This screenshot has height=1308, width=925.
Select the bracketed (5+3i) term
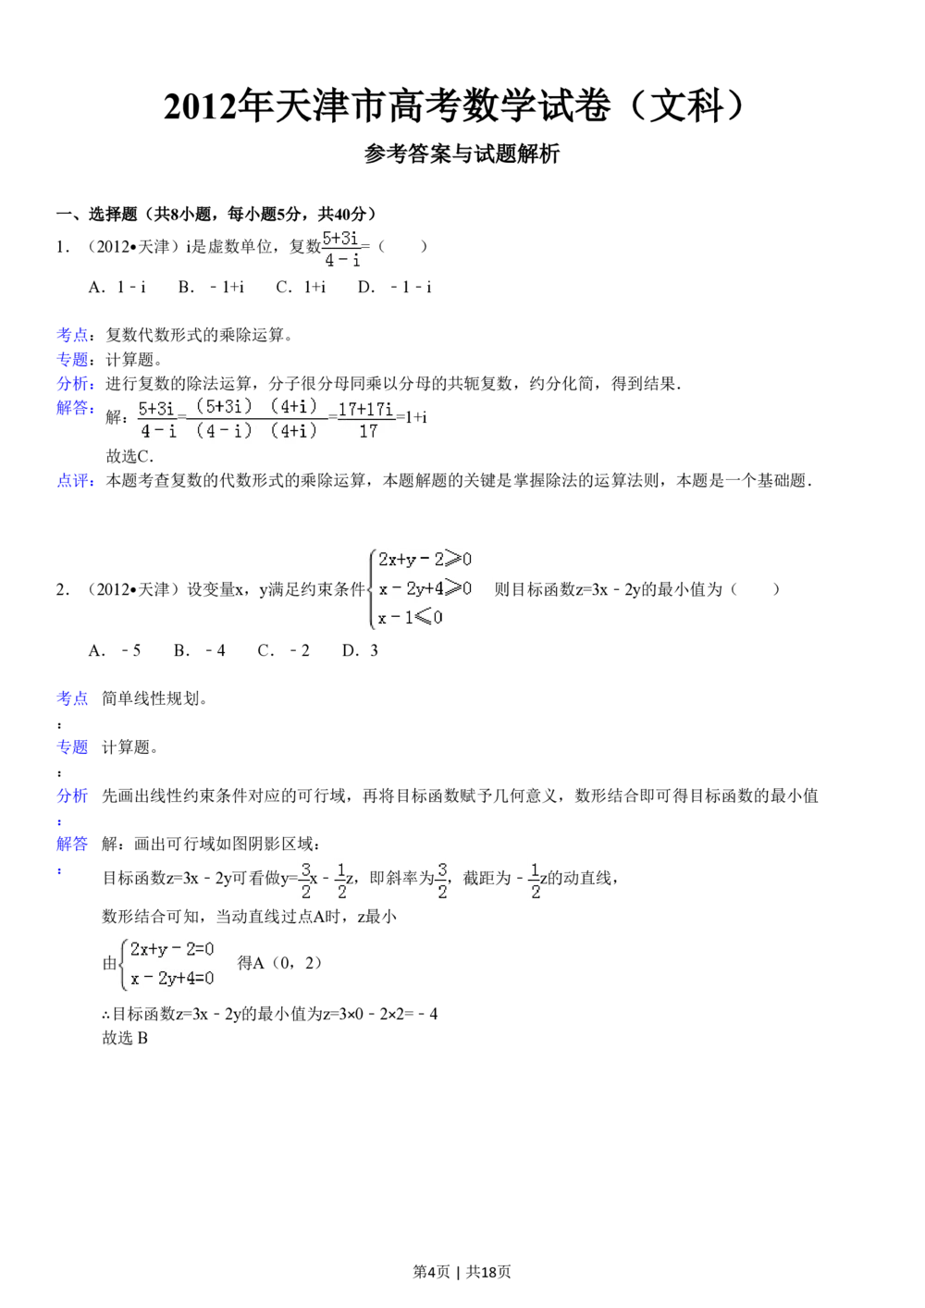pyautogui.click(x=224, y=406)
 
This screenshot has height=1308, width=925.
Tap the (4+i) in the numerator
pyautogui.click(x=293, y=406)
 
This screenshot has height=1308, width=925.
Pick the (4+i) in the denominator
pyautogui.click(x=293, y=430)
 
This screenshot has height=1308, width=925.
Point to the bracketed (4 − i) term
pyautogui.click(x=224, y=430)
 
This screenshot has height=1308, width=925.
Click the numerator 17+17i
pyautogui.click(x=365, y=408)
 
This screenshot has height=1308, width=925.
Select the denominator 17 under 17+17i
pyautogui.click(x=368, y=431)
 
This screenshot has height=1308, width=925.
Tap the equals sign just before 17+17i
pyautogui.click(x=332, y=418)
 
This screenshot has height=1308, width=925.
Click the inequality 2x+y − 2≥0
pyautogui.click(x=425, y=559)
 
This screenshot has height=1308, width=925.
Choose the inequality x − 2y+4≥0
pyautogui.click(x=425, y=588)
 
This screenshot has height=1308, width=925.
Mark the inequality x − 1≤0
pyautogui.click(x=411, y=618)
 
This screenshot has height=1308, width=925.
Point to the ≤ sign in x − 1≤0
pyautogui.click(x=423, y=618)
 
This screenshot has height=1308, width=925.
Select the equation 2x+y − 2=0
pyautogui.click(x=172, y=949)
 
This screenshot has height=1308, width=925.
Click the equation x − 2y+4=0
pyautogui.click(x=172, y=979)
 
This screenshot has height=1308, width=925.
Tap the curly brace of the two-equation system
pyautogui.click(x=122, y=963)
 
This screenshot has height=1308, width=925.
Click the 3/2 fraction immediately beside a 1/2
pyautogui.click(x=304, y=881)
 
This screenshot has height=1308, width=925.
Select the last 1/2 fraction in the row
pyautogui.click(x=534, y=881)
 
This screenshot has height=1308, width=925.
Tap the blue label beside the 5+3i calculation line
pyautogui.click(x=73, y=409)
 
